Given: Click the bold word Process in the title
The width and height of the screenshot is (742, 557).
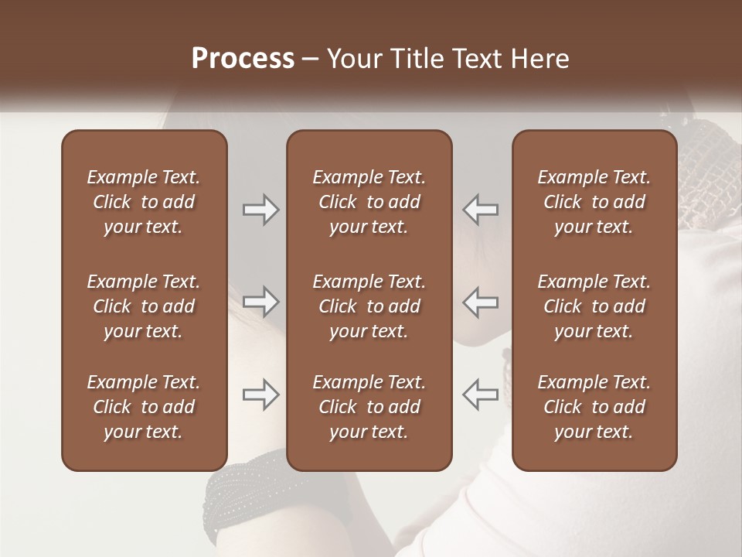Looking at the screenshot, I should [243, 59].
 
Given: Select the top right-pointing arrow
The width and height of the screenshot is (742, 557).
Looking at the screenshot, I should [261, 210].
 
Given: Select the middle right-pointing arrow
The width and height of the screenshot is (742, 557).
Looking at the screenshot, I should [261, 302].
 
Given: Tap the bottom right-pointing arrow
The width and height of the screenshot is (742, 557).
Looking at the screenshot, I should [261, 395].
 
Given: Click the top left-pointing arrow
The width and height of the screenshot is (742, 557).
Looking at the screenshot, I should [480, 210].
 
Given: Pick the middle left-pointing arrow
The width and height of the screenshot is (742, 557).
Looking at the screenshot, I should [480, 302].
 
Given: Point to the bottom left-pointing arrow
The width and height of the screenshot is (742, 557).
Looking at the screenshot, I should [480, 395].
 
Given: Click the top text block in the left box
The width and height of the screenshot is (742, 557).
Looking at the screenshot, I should [144, 202].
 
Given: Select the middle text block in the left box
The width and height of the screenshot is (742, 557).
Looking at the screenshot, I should [144, 306].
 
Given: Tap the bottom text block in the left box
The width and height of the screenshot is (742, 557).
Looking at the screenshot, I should [144, 407].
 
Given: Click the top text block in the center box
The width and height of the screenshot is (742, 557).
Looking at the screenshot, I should [369, 202].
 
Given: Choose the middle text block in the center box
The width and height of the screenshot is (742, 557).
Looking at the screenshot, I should [369, 306].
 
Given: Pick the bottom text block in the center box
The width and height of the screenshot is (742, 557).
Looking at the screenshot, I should [369, 407].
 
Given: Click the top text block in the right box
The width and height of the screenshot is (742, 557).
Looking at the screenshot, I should [594, 202].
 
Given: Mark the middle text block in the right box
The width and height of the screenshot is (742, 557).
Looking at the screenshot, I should [594, 306].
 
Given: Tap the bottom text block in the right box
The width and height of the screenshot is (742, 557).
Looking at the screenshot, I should [594, 407].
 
